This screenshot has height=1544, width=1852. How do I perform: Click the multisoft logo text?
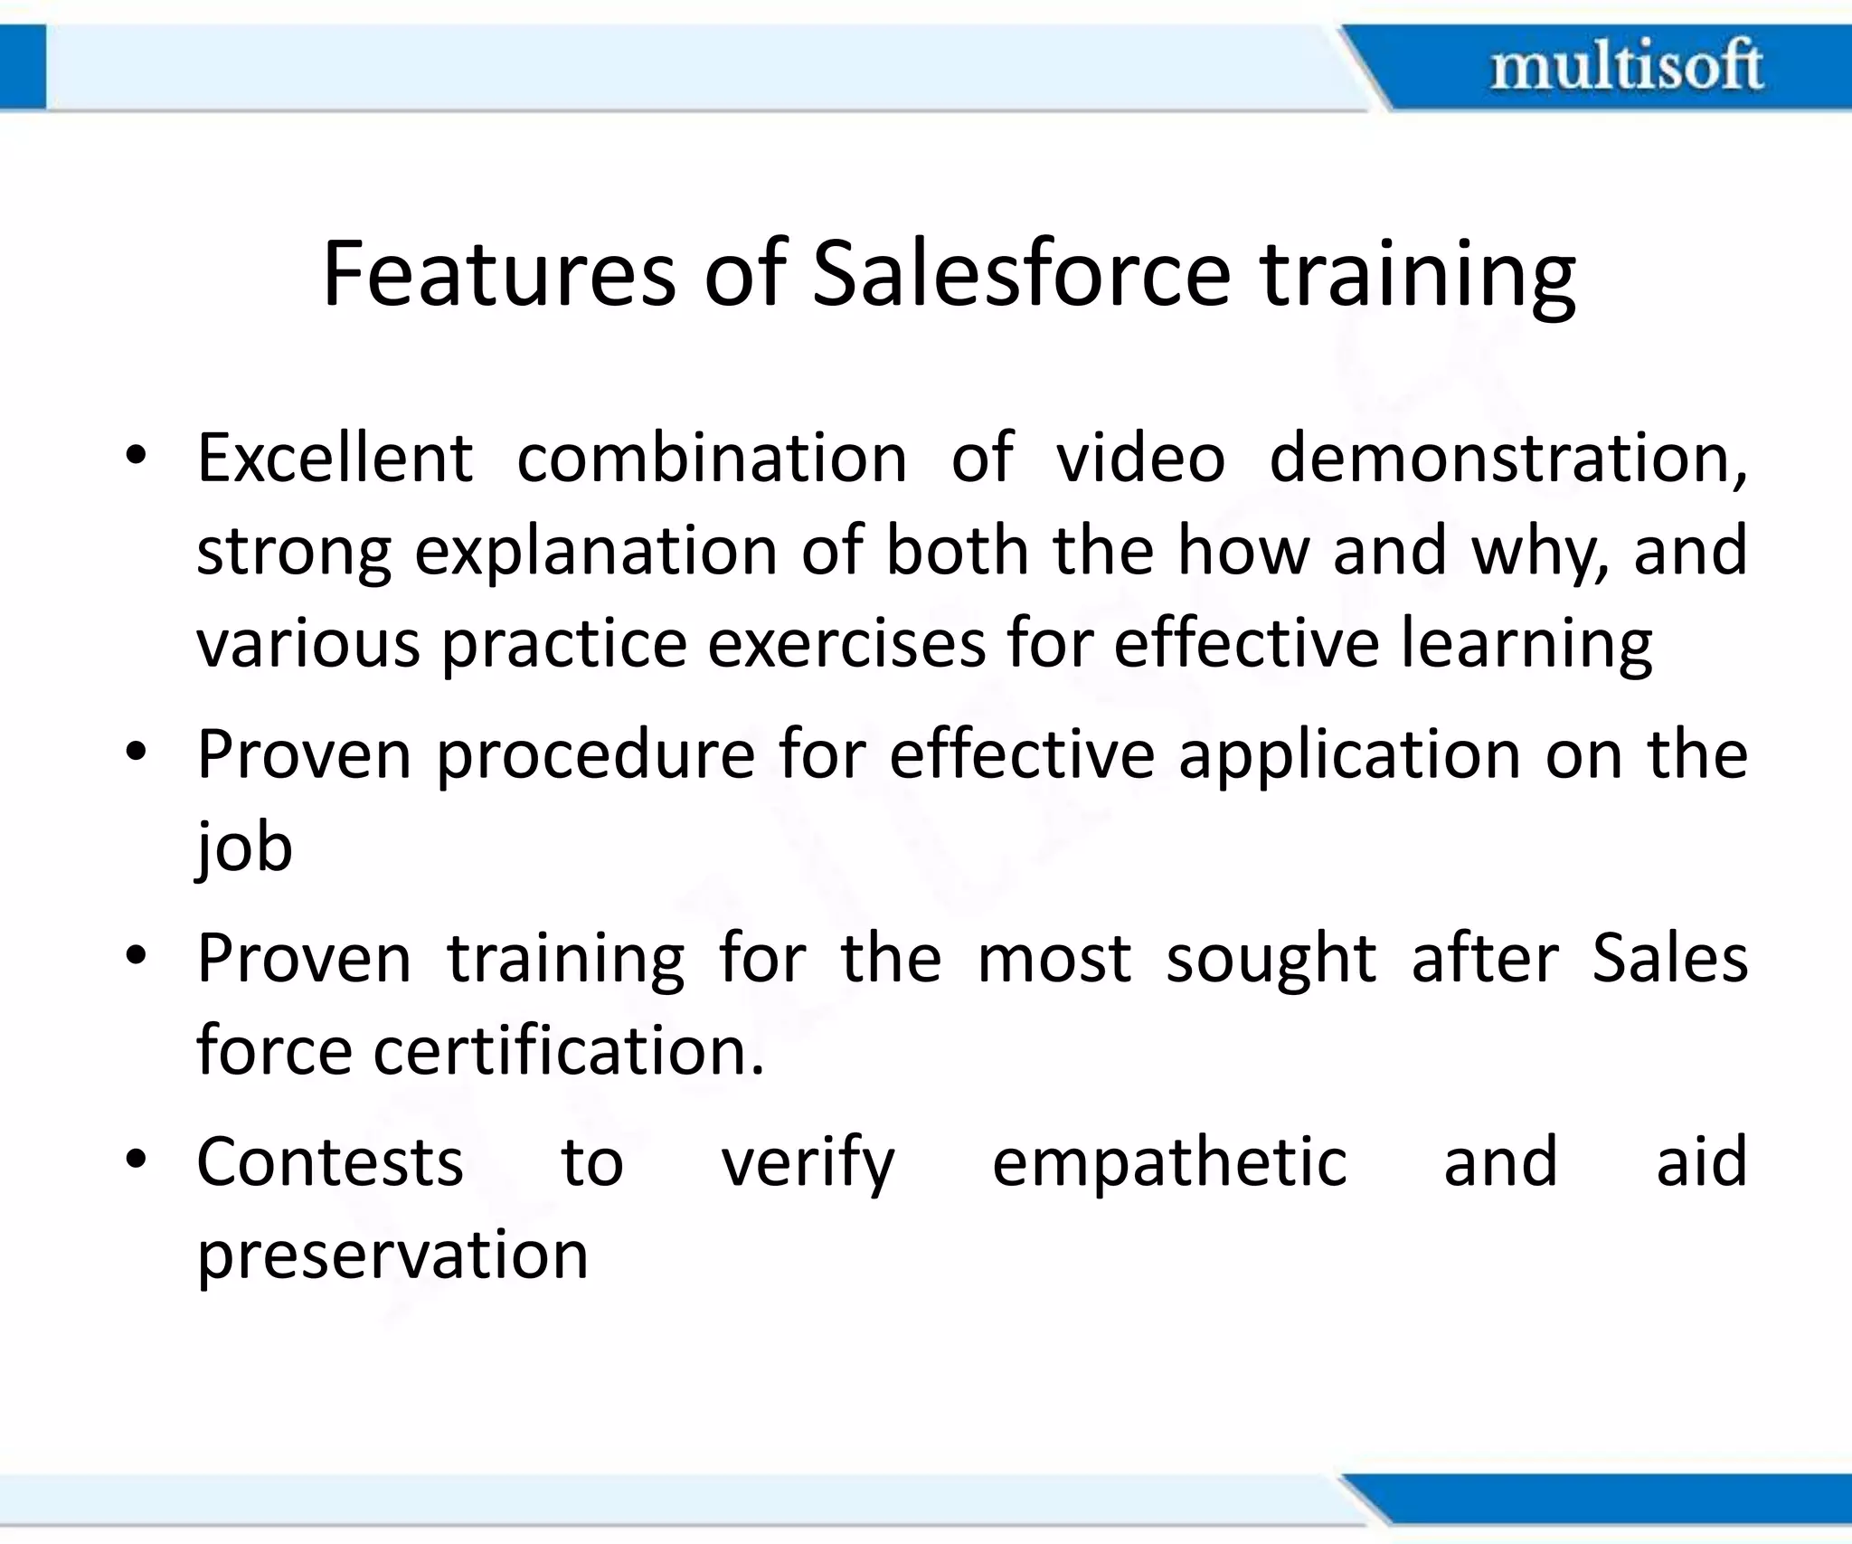[1626, 65]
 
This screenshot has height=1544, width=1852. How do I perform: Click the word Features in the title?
[498, 273]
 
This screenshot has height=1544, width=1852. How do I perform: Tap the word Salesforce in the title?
[1022, 273]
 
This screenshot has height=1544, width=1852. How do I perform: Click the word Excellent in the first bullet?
[335, 458]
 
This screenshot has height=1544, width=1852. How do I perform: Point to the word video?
[1140, 458]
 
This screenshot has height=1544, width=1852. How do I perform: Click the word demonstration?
[1507, 458]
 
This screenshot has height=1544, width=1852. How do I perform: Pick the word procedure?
[596, 756]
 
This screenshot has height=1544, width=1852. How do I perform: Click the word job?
[244, 848]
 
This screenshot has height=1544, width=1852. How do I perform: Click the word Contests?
[330, 1162]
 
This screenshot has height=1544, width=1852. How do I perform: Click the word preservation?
[392, 1256]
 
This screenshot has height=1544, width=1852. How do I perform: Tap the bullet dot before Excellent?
[136, 455]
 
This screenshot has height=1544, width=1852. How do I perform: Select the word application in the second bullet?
[1348, 756]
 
